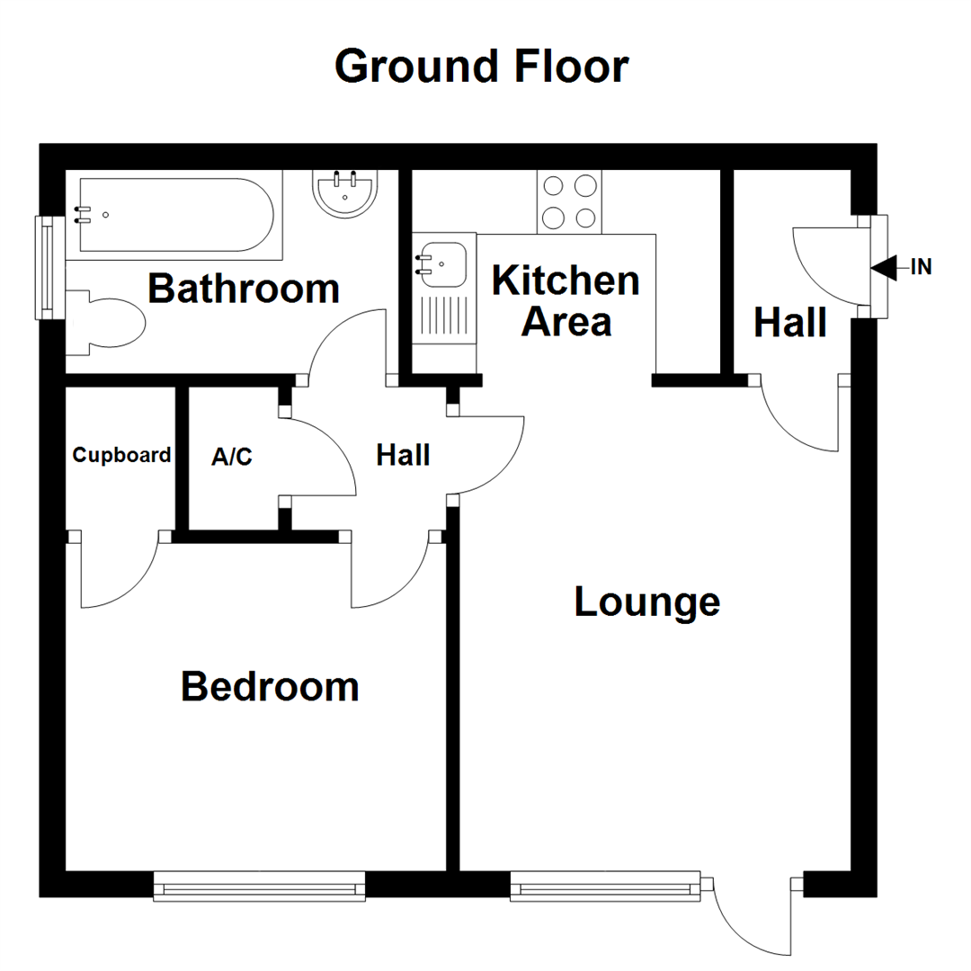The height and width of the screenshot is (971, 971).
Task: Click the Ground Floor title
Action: [481, 67]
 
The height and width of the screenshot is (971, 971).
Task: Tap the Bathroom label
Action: [244, 289]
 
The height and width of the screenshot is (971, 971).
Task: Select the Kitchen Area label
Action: [566, 300]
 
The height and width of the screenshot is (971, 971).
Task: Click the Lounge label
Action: [646, 601]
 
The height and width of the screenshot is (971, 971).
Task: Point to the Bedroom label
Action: [270, 686]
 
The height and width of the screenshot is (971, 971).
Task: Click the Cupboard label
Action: [121, 455]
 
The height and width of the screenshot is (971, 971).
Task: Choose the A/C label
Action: [232, 458]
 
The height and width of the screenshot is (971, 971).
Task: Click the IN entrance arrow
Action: [884, 267]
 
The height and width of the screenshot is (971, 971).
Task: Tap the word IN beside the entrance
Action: [921, 267]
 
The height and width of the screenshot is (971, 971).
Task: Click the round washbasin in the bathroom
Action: [344, 192]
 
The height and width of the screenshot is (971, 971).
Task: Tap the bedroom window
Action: [260, 886]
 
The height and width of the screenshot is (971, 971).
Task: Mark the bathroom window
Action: [44, 267]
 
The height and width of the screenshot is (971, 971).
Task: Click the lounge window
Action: [605, 886]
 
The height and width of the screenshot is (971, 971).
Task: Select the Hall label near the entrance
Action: [790, 322]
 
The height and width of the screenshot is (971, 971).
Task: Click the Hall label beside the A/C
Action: [402, 455]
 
